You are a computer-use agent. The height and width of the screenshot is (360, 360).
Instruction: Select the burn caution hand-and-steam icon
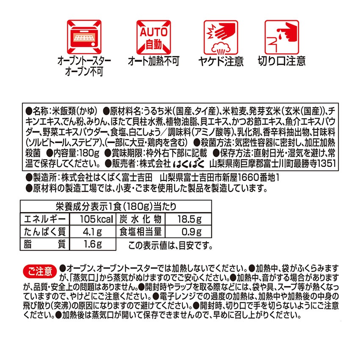click(x=221, y=36)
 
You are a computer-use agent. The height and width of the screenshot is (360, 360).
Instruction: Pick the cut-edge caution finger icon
click(x=281, y=36)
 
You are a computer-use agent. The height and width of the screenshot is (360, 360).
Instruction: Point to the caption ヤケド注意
click(x=221, y=61)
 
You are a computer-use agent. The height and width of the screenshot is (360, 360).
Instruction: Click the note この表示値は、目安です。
click(x=169, y=245)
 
